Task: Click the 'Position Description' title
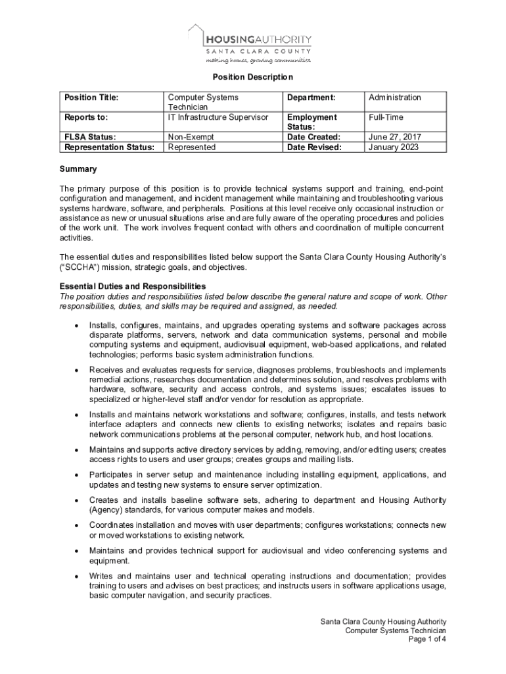click(252, 77)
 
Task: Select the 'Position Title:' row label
click(91, 97)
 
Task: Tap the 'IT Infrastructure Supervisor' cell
click(218, 117)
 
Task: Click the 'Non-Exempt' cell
click(191, 137)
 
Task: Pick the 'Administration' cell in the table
click(394, 97)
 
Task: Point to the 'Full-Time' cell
click(386, 117)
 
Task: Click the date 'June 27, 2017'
click(395, 137)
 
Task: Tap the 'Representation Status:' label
click(109, 147)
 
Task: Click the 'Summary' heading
click(78, 169)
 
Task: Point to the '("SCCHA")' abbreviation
click(80, 267)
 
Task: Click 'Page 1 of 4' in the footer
click(427, 639)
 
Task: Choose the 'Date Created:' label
click(313, 137)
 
